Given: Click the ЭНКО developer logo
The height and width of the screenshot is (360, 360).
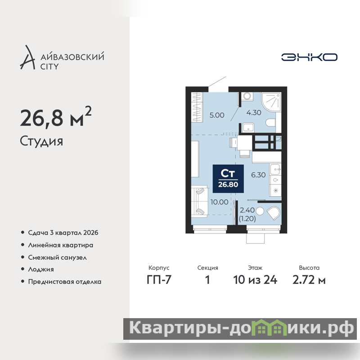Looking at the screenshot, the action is click(309, 57).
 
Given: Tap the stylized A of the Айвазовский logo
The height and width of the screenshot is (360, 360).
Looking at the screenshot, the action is click(28, 58).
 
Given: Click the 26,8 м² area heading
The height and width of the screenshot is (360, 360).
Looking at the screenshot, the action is click(56, 117).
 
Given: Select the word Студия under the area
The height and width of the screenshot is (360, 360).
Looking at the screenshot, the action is click(41, 141).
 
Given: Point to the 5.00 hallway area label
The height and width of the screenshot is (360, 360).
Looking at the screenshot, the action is click(217, 115).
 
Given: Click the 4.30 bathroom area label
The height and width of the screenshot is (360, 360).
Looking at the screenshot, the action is click(254, 112).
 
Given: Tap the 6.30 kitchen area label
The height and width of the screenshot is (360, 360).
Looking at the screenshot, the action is click(258, 175).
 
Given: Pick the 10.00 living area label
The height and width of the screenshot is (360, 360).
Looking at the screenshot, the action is click(219, 202).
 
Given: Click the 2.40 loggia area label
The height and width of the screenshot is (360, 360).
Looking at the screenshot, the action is click(247, 210).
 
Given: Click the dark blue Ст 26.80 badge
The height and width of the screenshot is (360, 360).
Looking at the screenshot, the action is click(228, 179).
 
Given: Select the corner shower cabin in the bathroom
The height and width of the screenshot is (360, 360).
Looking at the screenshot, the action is click(271, 102).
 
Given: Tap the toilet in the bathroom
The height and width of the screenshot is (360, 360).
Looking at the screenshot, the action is click(270, 122).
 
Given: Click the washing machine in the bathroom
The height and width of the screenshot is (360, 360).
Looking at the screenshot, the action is click(247, 96).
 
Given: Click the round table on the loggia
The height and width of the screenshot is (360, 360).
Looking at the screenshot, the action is click(260, 211).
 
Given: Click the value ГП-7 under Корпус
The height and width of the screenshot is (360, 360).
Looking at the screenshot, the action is click(159, 280).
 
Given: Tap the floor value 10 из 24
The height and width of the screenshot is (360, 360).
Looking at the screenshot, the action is click(255, 280).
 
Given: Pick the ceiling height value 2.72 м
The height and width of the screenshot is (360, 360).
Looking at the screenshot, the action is click(309, 280).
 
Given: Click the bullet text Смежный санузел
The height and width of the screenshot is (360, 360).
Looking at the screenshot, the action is click(57, 257).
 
